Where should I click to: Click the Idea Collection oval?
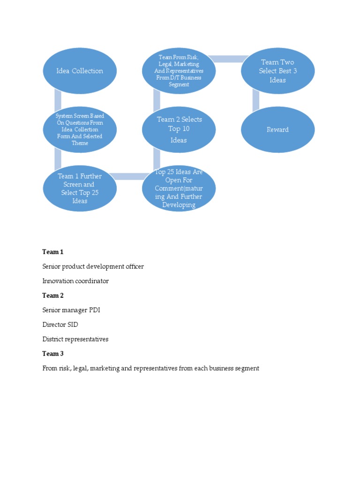80,71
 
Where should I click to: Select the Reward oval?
277,130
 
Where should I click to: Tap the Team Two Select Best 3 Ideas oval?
277,71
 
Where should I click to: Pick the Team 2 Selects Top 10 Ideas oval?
179,129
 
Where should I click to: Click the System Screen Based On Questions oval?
80,129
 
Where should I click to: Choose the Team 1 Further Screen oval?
80,188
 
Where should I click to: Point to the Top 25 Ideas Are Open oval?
179,188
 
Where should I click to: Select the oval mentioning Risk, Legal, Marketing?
179,71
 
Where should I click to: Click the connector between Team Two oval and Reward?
256,99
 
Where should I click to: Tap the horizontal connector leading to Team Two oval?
228,59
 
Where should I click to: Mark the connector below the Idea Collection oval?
58,99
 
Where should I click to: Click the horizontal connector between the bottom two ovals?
129,176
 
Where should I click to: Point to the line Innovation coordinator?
75,281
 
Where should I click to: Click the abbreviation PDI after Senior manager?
94,310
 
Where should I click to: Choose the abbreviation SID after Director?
73,325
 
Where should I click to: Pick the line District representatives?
75,339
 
